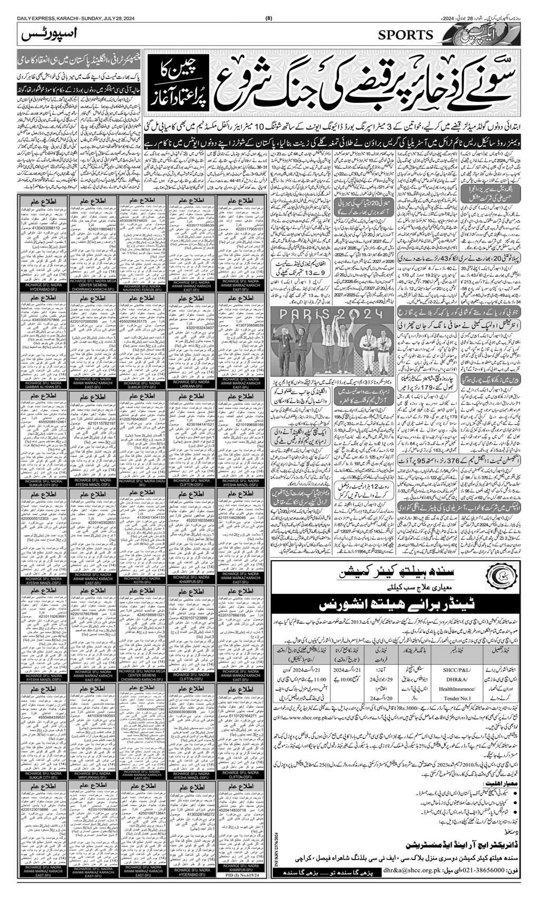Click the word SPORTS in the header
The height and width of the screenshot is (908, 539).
pyautogui.click(x=405, y=35)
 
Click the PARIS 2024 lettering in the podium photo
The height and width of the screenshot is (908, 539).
pyautogui.click(x=332, y=315)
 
